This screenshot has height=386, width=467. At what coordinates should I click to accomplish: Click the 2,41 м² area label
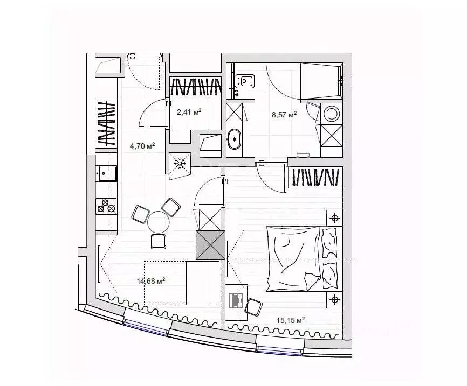pos(189,112)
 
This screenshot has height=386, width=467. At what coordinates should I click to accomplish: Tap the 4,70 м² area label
pos(142,145)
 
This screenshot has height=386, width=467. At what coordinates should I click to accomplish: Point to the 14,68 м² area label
pos(152,280)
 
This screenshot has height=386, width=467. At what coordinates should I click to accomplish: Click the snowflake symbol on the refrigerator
pos(180,162)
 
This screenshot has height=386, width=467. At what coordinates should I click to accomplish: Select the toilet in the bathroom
pos(244,81)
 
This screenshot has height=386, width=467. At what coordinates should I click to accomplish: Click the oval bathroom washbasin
pos(235,138)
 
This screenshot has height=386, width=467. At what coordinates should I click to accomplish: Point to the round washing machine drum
pos(332,114)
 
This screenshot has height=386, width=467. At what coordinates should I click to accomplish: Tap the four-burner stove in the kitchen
pos(106,206)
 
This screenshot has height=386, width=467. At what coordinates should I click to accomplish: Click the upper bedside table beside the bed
pos(334,218)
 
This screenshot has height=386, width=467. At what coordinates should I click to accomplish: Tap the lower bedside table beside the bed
pos(334,299)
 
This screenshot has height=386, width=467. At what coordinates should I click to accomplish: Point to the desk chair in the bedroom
pos(252,306)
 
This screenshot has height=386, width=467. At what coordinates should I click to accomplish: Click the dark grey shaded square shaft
pos(210,245)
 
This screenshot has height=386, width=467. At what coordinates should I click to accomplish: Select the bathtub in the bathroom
pos(321,81)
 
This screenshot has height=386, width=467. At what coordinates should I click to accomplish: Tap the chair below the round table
pos(159,241)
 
